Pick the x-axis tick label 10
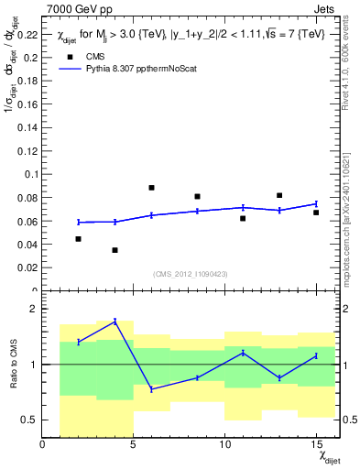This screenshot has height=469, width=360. (224, 445)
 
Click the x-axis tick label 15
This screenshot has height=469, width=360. (315, 445)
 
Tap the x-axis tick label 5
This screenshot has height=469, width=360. (134, 445)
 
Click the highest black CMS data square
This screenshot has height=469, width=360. (151, 188)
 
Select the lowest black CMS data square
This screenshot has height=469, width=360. (115, 250)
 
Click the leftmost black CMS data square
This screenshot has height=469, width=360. (79, 239)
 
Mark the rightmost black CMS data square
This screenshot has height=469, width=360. (315, 213)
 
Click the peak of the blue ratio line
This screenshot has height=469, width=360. (115, 321)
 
